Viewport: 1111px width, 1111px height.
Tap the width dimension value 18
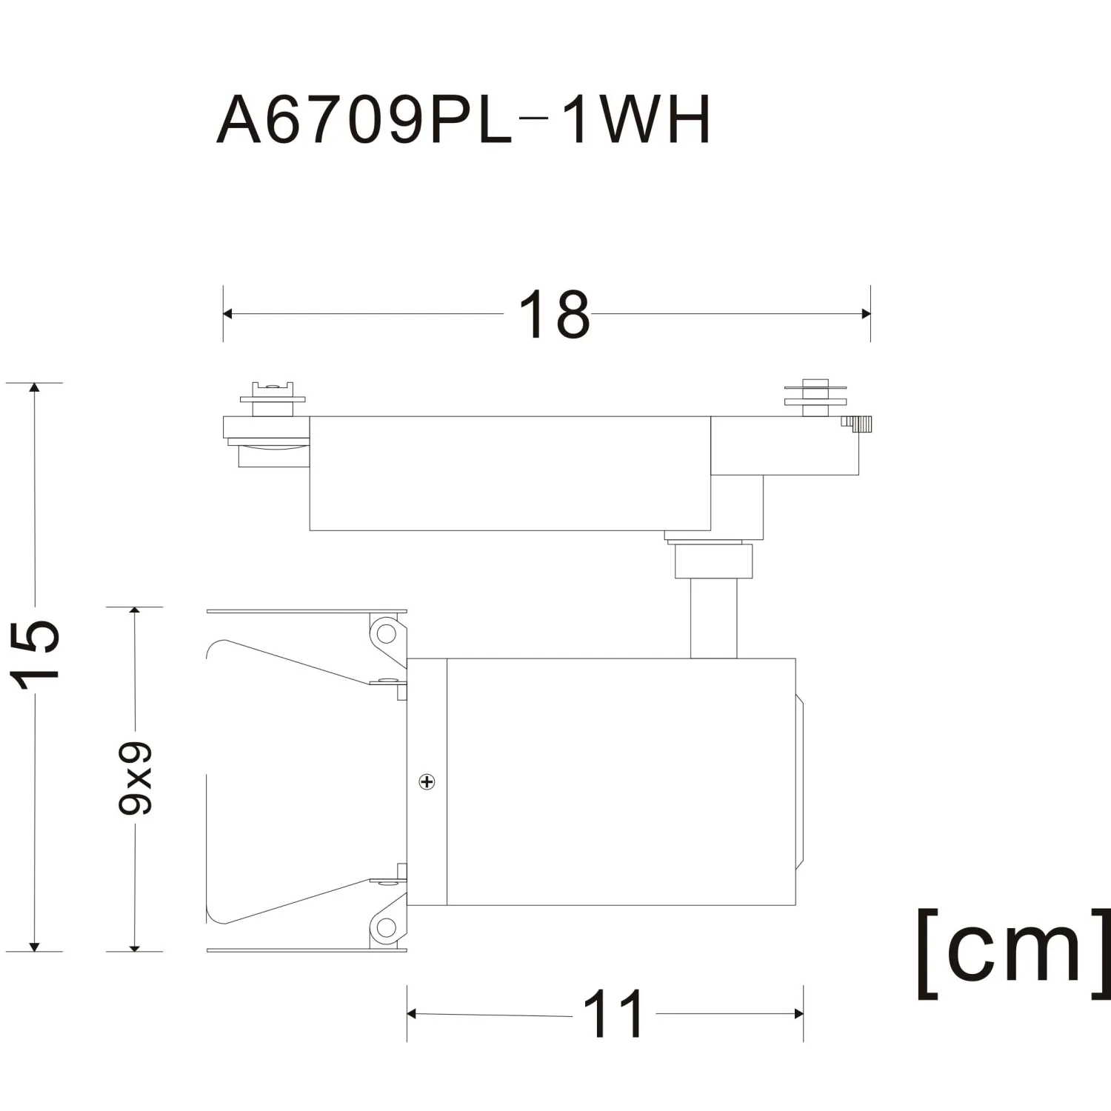554,315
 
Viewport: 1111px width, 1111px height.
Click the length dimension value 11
613,1014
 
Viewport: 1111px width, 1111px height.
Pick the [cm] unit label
1014,954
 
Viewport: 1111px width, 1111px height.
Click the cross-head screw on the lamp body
427,781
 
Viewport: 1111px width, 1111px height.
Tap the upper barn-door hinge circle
387,633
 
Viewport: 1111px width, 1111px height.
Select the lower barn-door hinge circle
387,926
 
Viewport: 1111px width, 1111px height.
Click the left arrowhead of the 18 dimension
227,314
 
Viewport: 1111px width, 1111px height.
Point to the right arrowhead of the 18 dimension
866,314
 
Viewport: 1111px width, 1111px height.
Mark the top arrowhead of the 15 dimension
34,388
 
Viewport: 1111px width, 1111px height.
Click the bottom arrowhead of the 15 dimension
34,947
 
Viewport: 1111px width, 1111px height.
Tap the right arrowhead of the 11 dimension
798,1014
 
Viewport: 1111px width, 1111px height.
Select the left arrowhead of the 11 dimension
412,1014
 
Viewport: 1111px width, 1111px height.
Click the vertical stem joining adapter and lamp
714,618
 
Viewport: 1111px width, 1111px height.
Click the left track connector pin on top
273,399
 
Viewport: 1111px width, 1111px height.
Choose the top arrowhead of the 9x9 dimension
135,613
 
